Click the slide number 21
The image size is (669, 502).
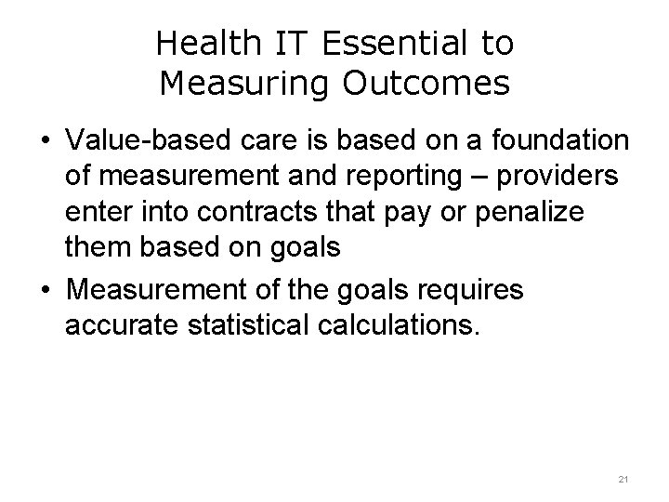[x=623, y=478]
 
